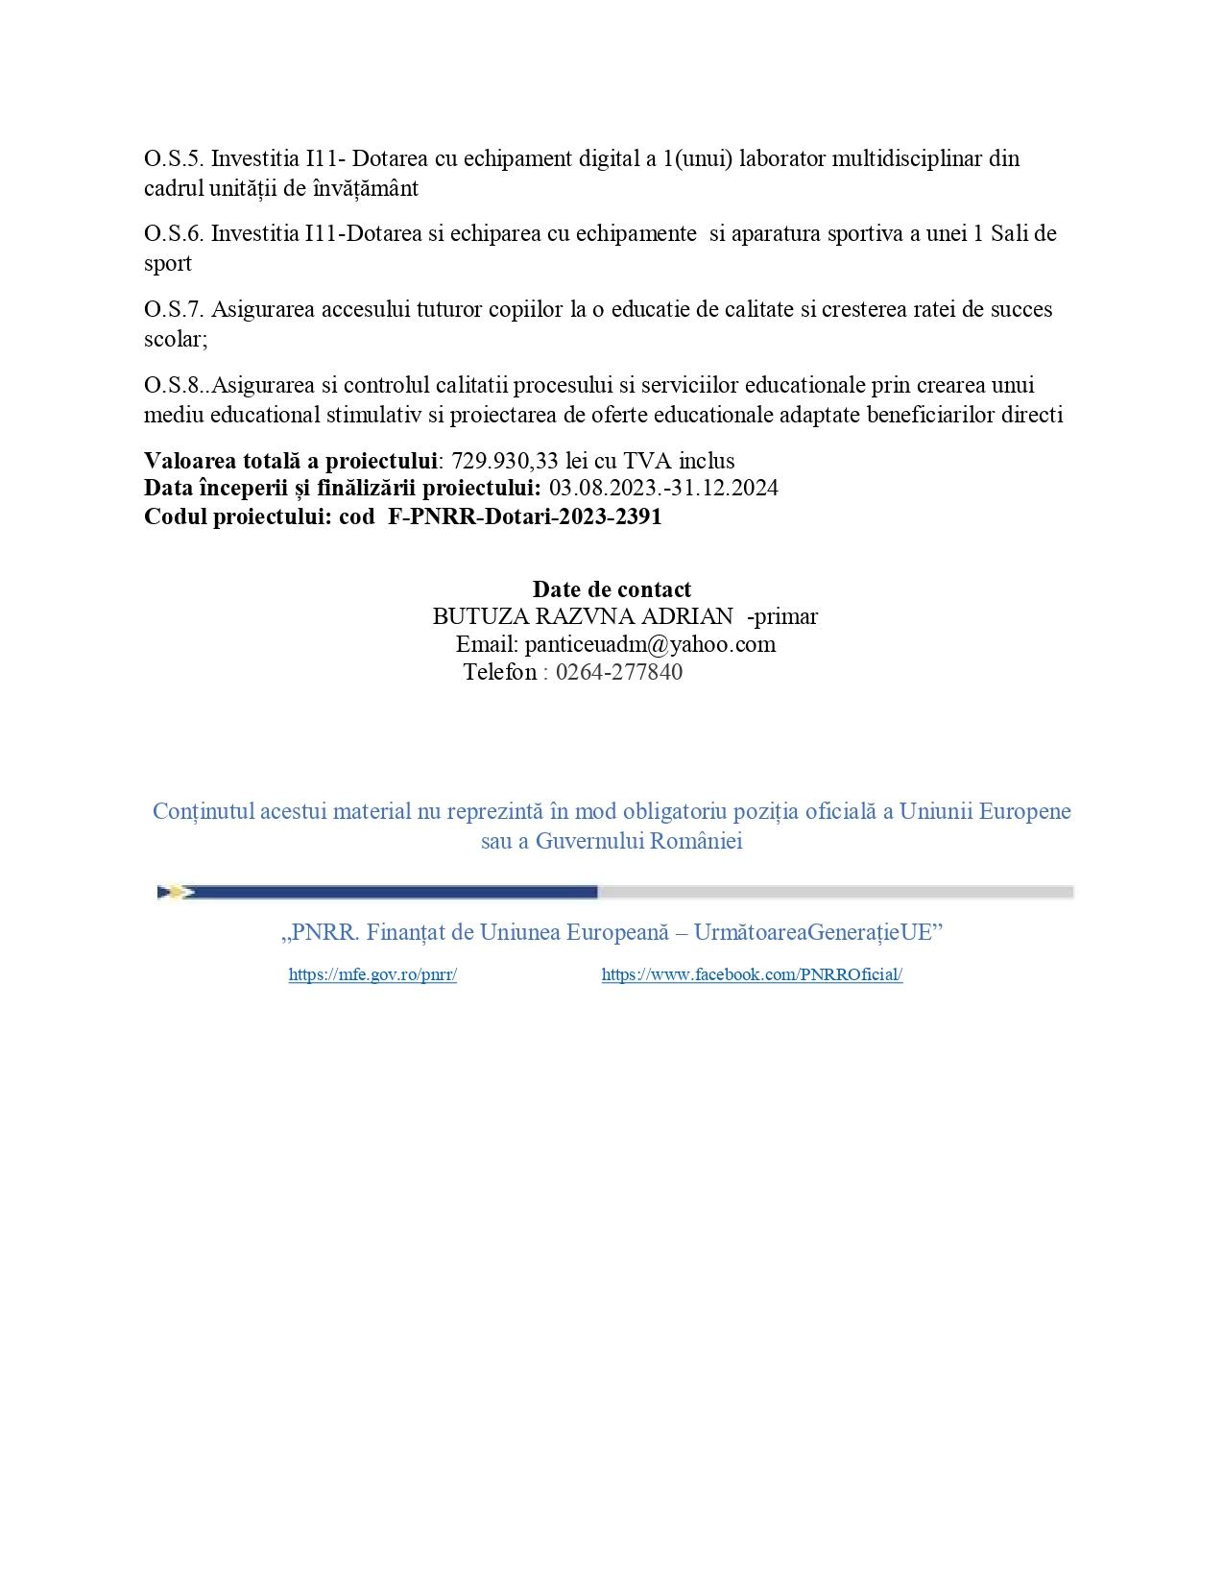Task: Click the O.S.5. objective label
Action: click(174, 158)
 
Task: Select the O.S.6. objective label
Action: click(174, 234)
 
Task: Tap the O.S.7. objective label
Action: click(174, 310)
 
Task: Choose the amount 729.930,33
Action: click(505, 462)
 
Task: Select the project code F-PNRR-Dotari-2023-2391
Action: click(525, 517)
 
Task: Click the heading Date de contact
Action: click(612, 589)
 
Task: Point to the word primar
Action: click(786, 616)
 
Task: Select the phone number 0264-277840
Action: click(619, 672)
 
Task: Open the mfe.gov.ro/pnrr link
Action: click(372, 975)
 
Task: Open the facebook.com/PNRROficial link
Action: click(752, 975)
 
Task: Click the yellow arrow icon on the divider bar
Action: click(176, 893)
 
